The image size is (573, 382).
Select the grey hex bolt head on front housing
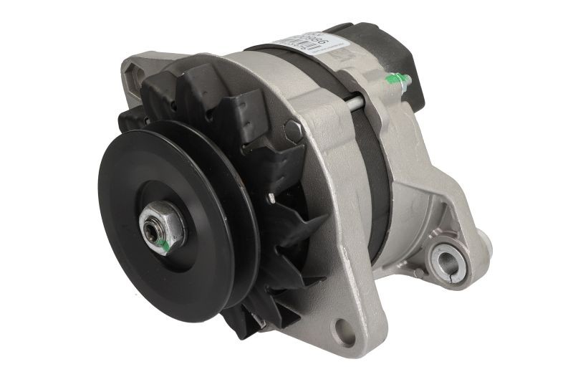point(292,131)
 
